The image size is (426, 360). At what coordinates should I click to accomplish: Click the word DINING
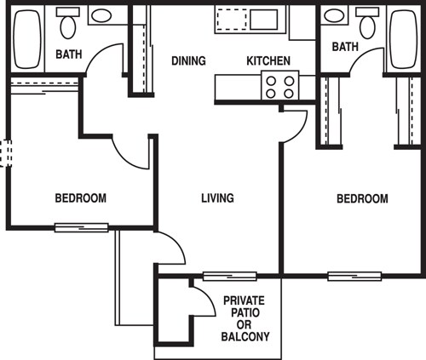[x=188, y=61]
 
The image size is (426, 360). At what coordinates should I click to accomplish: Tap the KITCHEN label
[x=268, y=61]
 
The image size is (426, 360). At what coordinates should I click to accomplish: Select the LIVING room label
[x=217, y=198]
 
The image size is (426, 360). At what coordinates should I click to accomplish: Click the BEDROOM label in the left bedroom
[x=81, y=198]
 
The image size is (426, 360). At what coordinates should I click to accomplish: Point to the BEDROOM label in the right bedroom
[x=362, y=198]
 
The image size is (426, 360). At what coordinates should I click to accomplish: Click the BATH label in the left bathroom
[x=69, y=54]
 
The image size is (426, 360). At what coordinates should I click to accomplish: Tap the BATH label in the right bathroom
[x=345, y=46]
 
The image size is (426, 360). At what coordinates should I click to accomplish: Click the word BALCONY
[x=245, y=337]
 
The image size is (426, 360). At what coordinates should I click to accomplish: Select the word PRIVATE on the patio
[x=245, y=300]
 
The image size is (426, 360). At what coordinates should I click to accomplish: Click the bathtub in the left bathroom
[x=28, y=40]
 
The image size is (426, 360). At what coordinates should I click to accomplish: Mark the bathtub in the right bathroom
[x=404, y=40]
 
